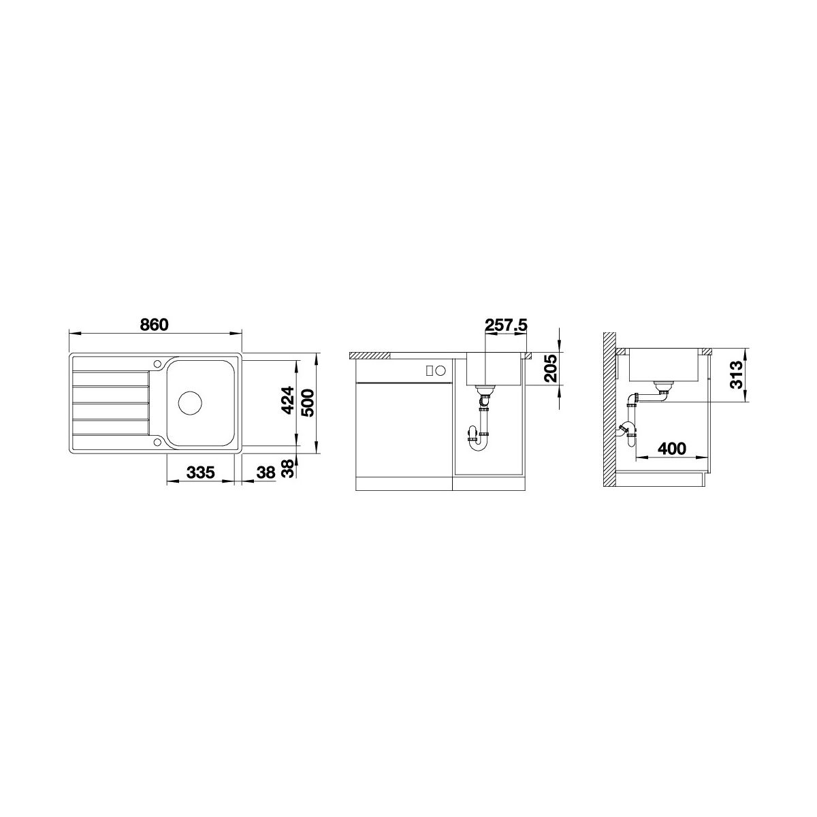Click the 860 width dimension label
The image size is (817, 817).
coord(155,324)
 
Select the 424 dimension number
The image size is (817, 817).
coord(289,400)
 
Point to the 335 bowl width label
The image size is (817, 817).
coord(201,472)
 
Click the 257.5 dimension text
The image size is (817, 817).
coord(506,325)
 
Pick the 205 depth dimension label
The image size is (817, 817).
coord(550,368)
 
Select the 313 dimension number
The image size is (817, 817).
coord(736,374)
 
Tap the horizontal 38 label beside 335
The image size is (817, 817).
coord(267,472)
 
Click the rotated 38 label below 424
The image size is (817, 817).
coord(289,468)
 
